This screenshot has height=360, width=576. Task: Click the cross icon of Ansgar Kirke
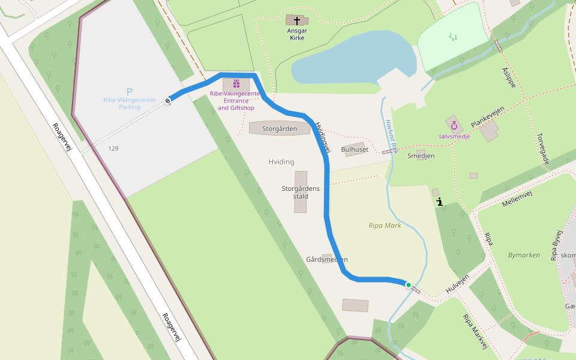click(297, 20)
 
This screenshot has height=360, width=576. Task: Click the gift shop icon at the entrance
click(236, 84)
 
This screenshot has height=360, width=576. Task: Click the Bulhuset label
click(354, 149)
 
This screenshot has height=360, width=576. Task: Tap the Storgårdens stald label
click(301, 192)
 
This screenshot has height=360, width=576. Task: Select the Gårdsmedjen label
click(326, 260)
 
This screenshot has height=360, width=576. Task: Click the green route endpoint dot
click(409, 285)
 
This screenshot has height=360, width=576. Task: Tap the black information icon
click(440, 202)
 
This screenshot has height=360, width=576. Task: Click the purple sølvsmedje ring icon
click(454, 126)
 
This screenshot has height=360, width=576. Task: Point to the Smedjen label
click(421, 156)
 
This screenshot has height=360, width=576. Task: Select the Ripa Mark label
click(385, 226)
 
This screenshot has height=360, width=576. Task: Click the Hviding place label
click(281, 162)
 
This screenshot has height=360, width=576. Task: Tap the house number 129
click(113, 148)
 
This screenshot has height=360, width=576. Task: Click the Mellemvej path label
click(517, 197)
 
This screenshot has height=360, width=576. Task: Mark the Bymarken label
click(524, 255)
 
